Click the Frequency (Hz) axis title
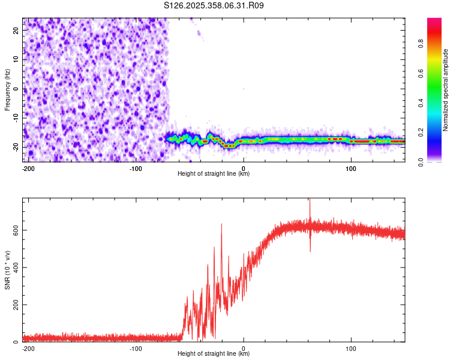pyautogui.click(x=7, y=89)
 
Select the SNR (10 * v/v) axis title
pyautogui.click(x=7, y=270)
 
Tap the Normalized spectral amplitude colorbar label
pyautogui.click(x=446, y=90)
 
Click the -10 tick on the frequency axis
pyautogui.click(x=16, y=118)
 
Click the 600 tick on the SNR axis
pyautogui.click(x=14, y=230)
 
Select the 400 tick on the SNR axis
pyautogui.click(x=14, y=267)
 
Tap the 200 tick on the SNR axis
pyautogui.click(x=14, y=305)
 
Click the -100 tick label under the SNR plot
pyautogui.click(x=136, y=348)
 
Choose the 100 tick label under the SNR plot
pyautogui.click(x=351, y=348)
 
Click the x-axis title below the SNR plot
pyautogui.click(x=214, y=354)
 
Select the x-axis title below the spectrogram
pyautogui.click(x=214, y=174)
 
